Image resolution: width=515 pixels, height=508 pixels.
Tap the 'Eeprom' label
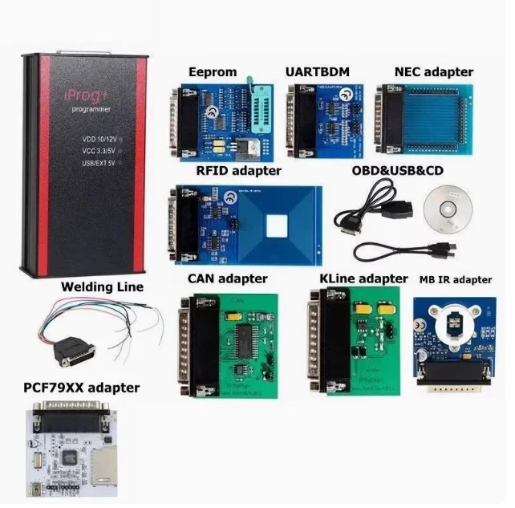point(212,71)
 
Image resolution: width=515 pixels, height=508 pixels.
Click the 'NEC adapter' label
point(434,71)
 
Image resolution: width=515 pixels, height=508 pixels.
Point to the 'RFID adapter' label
point(239,170)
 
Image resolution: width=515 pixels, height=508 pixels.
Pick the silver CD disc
point(448,206)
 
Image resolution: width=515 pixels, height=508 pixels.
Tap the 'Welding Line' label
point(102,287)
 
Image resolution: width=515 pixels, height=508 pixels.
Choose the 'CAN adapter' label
point(228,278)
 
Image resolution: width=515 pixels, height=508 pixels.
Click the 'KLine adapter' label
point(363,278)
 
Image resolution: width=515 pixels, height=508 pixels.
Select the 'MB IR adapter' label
point(456,280)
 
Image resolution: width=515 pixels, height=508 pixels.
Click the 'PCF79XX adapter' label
point(81,388)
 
